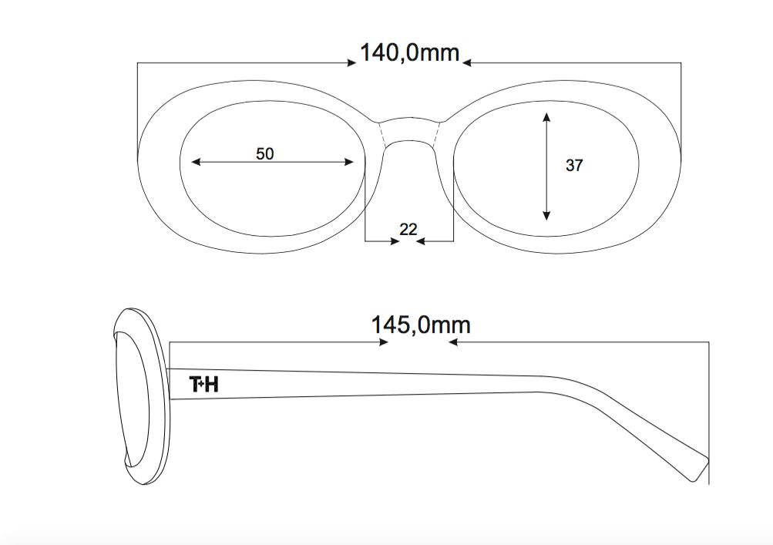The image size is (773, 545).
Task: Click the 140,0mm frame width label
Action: coord(410,52)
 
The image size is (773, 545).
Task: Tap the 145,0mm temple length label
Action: coord(421,325)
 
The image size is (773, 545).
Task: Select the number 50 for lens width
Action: coord(265,154)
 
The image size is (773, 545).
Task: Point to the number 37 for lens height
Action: coord(574,165)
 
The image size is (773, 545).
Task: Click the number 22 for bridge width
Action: coord(408,230)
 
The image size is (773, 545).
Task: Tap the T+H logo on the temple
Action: coord(204,384)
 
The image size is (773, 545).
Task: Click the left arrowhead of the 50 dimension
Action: coord(196,162)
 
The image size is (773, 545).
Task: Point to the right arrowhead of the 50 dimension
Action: coord(349,162)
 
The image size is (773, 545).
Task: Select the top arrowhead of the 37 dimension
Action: coord(546,117)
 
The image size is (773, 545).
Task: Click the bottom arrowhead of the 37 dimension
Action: coord(546,216)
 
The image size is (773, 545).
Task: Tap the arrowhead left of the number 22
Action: coord(395,241)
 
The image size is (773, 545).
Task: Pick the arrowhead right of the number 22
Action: coord(421,241)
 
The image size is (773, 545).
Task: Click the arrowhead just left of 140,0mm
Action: coord(351,62)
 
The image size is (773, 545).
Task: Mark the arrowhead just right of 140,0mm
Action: coord(467,62)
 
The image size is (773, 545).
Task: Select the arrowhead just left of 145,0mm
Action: coord(384,341)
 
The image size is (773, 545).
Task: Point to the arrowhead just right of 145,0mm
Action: coord(453,341)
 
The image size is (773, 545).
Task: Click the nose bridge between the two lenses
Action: coord(410,132)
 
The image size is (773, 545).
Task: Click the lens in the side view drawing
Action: coord(131,399)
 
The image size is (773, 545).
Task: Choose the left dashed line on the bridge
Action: coord(382,134)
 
